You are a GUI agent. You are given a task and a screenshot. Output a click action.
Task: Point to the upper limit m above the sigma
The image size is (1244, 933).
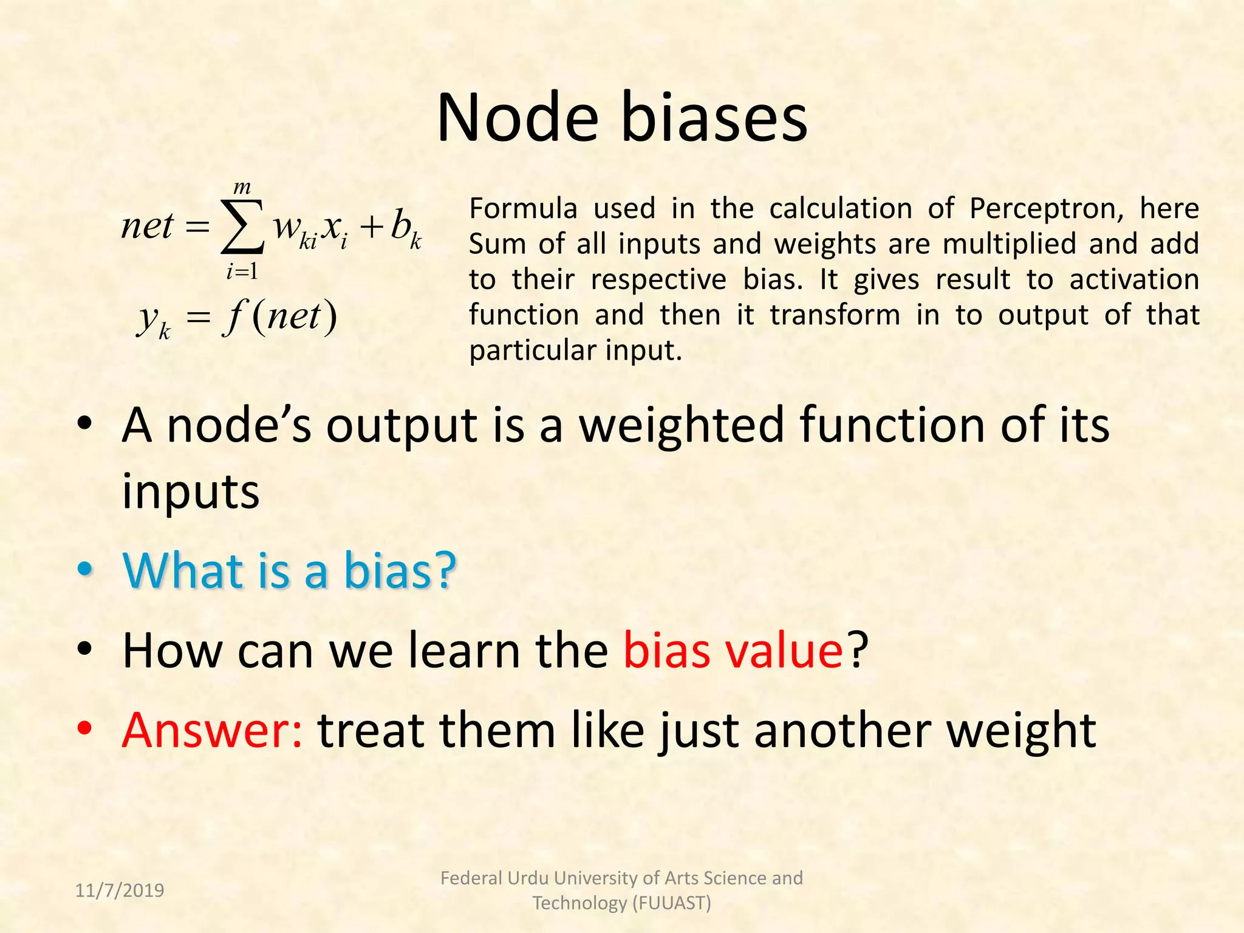click(242, 187)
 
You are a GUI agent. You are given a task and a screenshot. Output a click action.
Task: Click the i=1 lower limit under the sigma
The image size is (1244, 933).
click(242, 272)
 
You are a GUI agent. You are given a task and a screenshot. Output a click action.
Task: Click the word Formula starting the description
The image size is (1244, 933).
click(522, 208)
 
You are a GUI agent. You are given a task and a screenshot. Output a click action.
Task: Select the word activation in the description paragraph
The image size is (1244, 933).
click(1134, 279)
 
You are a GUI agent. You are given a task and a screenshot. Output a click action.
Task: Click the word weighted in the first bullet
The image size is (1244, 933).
click(682, 425)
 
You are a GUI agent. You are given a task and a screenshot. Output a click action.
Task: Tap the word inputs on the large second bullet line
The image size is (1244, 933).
click(191, 491)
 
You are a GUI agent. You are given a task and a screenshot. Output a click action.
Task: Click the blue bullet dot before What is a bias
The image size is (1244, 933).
click(85, 569)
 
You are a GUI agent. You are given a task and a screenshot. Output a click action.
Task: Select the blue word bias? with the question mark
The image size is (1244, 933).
click(400, 570)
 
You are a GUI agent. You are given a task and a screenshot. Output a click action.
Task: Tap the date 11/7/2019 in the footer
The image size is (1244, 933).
click(120, 890)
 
